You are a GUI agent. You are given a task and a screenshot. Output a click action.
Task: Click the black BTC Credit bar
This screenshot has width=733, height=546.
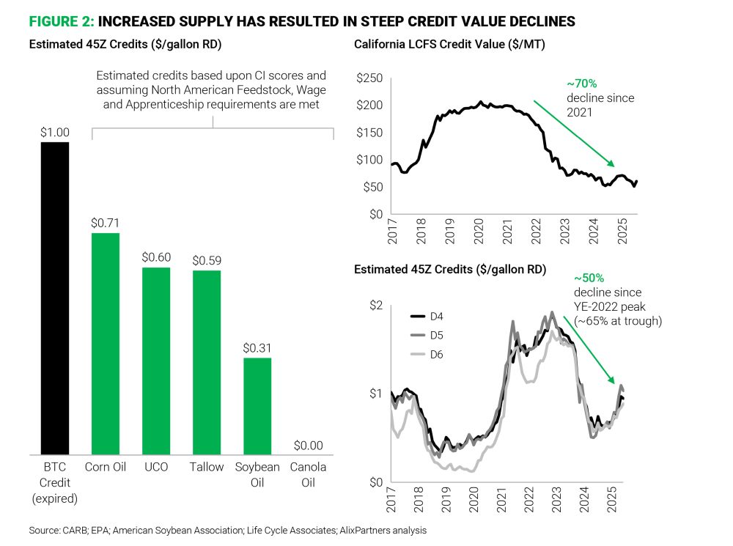pyautogui.click(x=55, y=298)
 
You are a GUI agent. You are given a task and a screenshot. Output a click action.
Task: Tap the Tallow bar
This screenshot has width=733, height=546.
pyautogui.click(x=206, y=362)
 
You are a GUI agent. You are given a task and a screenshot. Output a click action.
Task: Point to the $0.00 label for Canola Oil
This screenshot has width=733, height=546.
pyautogui.click(x=308, y=445)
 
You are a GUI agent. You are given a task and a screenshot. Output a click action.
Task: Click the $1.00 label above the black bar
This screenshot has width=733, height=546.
pyautogui.click(x=55, y=132)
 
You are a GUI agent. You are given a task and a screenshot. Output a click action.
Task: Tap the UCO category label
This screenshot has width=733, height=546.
pyautogui.click(x=155, y=467)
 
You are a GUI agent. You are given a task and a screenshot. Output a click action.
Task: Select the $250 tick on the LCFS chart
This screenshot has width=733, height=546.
pyautogui.click(x=370, y=78)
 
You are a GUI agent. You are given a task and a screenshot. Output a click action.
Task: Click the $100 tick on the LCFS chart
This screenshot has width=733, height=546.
pyautogui.click(x=370, y=160)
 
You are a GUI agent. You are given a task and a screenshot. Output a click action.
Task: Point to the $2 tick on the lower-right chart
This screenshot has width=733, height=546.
pyautogui.click(x=376, y=305)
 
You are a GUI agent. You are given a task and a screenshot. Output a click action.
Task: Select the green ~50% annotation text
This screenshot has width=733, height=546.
pyautogui.click(x=589, y=279)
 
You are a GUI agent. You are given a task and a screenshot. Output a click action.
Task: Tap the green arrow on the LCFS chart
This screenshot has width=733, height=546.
pyautogui.click(x=572, y=133)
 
